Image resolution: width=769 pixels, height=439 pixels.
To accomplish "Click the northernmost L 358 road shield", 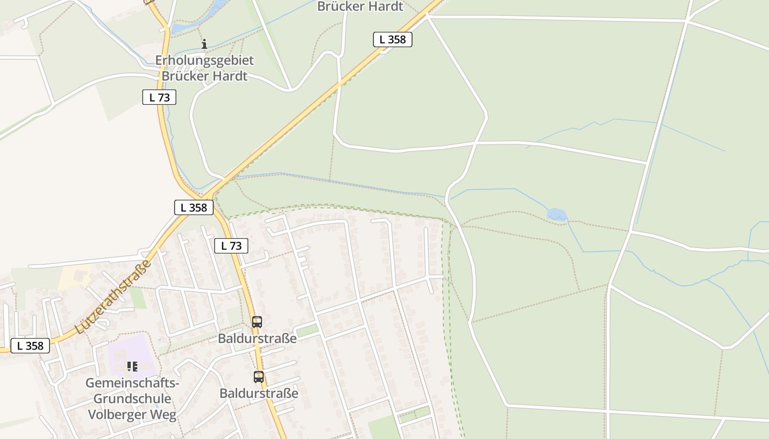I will click(x=392, y=40).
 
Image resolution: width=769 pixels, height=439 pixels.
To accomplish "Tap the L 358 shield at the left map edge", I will click(x=30, y=346).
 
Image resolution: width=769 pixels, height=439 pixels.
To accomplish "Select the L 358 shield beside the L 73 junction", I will click(x=194, y=207).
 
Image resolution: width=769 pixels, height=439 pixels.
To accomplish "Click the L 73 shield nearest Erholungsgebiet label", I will click(x=159, y=97).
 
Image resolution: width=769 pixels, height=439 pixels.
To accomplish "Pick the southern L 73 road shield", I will click(x=231, y=246).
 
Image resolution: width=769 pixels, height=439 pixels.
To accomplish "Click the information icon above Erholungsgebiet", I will click(x=204, y=44).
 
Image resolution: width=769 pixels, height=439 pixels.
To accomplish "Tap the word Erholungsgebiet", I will click(x=204, y=60).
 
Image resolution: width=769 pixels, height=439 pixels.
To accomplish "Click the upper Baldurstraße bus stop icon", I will click(x=257, y=322).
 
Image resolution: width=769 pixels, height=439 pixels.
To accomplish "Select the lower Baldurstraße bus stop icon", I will click(x=259, y=377).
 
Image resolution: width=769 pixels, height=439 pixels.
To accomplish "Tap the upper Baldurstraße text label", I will click(x=257, y=338).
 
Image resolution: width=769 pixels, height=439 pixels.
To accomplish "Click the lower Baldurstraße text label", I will click(x=259, y=393).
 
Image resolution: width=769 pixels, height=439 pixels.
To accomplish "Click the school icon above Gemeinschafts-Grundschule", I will click(x=132, y=366).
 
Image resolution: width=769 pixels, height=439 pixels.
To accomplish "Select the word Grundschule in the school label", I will click(x=132, y=398).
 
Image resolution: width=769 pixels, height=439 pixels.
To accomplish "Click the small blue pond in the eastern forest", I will click(x=556, y=215).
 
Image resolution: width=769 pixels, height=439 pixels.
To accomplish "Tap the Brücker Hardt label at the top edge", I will click(x=360, y=7).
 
